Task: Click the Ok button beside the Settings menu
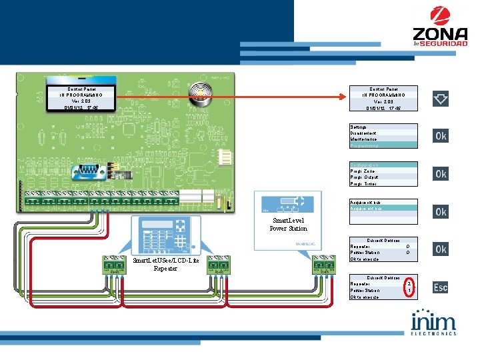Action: (x=441, y=136)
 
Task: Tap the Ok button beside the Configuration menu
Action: (x=441, y=174)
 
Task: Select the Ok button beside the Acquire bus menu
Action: (x=441, y=212)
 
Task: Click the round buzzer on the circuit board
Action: (x=197, y=90)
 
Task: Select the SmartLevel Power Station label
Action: (x=288, y=224)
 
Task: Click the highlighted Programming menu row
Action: (x=384, y=145)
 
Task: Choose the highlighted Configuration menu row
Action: (x=384, y=164)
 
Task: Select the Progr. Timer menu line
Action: (x=384, y=183)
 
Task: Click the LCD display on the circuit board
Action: (x=81, y=97)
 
